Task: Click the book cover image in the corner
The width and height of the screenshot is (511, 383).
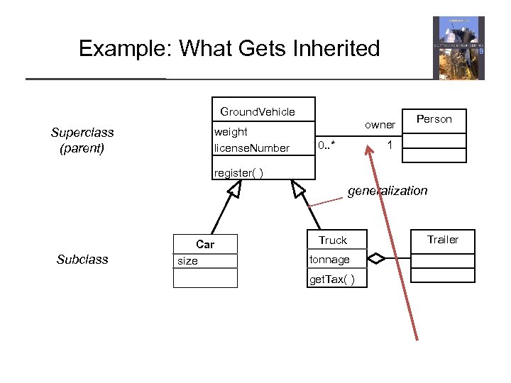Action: (x=458, y=48)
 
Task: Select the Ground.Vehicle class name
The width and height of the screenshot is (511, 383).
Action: (x=258, y=111)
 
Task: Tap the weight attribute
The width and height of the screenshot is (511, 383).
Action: (x=231, y=131)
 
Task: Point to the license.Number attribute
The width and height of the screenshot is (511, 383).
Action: (x=251, y=148)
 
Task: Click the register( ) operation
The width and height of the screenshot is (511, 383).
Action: (x=239, y=172)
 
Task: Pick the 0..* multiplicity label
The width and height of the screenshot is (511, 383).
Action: (x=327, y=145)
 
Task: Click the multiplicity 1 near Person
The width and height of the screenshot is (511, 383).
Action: (x=390, y=145)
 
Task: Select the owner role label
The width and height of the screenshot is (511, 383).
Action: (x=380, y=125)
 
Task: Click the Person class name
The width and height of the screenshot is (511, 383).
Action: (x=434, y=119)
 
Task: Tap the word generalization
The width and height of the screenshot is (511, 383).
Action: (x=388, y=190)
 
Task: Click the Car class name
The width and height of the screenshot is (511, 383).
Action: (x=205, y=244)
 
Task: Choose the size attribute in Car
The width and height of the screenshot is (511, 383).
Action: (x=187, y=261)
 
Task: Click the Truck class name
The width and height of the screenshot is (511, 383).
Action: (x=333, y=240)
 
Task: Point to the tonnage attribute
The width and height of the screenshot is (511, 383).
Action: (x=329, y=260)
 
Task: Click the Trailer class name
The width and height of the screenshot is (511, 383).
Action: (x=442, y=240)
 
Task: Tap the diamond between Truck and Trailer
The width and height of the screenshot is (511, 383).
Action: (x=376, y=260)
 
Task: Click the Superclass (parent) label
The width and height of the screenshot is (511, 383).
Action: (x=82, y=140)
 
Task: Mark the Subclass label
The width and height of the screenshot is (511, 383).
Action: (x=82, y=260)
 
